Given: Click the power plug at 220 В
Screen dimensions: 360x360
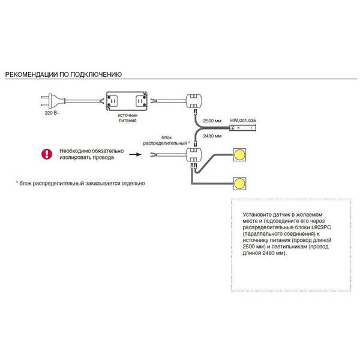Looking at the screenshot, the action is coord(53,101).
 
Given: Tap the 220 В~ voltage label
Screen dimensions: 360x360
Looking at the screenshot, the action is coord(52,113).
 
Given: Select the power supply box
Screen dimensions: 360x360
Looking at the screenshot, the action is coord(127,101).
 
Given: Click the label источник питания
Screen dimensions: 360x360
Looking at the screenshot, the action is coord(127,118).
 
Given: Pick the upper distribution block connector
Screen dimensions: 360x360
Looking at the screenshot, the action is coord(194,101).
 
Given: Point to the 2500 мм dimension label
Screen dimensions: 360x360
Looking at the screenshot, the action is coord(212,121).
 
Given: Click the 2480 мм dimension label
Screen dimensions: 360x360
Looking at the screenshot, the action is coord(212,136).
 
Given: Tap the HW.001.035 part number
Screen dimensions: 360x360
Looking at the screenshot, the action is coord(243,121).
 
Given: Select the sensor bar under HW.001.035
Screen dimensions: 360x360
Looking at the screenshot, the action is coord(242,128).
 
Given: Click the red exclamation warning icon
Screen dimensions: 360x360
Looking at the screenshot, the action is coord(47,154).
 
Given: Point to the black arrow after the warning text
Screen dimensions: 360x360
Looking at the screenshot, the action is coord(135,154).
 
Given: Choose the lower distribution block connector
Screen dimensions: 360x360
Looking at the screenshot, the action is coord(194,155).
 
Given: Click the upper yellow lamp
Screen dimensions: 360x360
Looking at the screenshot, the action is coord(239,155).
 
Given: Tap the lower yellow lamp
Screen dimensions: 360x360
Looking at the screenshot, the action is coord(239,184).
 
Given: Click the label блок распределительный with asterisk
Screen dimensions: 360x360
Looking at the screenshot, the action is coord(166,140).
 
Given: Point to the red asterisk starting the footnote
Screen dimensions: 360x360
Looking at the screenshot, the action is coord(17,182).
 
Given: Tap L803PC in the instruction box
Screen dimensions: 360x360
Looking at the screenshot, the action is coord(321,227).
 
